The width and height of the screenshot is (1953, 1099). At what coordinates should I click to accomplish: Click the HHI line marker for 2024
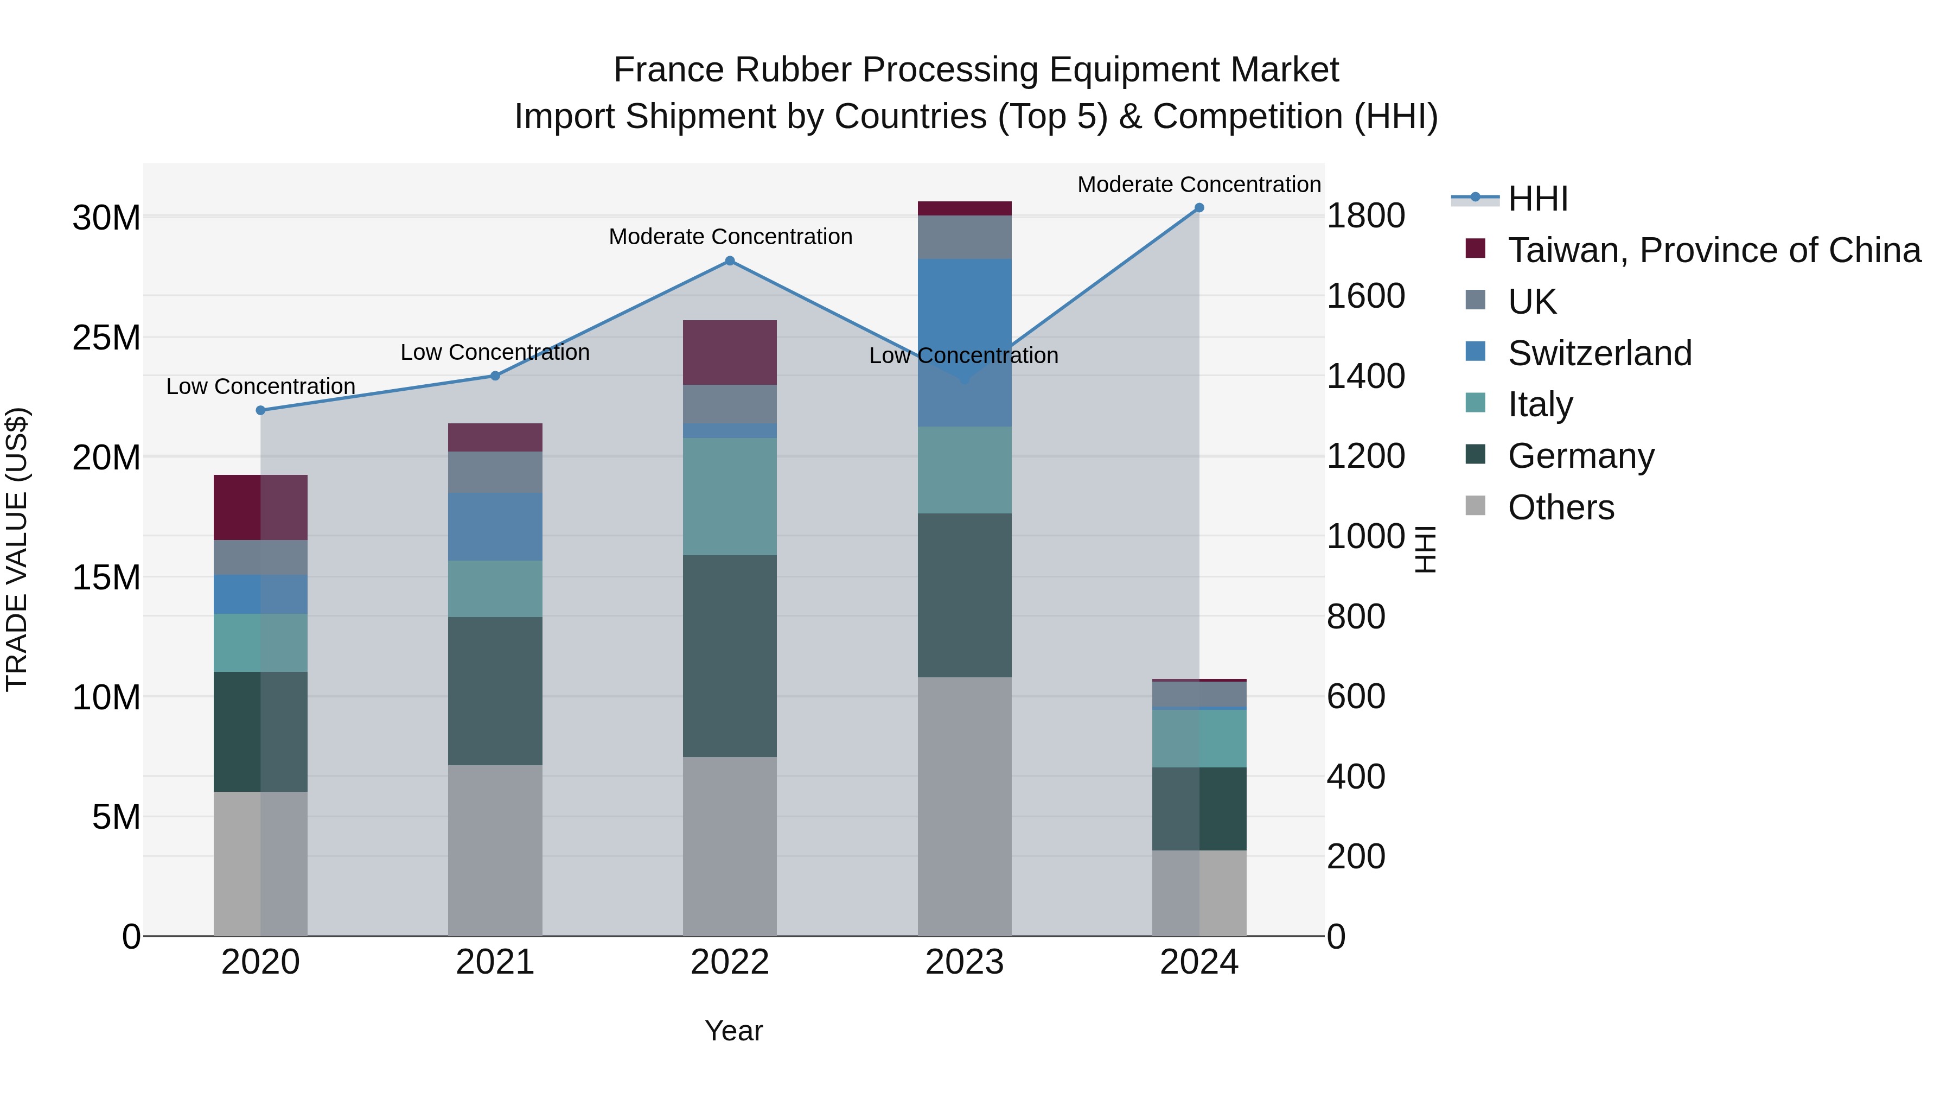coord(1198,208)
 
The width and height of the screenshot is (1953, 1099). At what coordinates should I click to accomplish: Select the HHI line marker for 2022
coord(729,261)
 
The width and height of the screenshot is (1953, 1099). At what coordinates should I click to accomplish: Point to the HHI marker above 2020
coord(261,410)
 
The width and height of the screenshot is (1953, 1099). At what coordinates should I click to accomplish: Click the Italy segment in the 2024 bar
coord(1198,738)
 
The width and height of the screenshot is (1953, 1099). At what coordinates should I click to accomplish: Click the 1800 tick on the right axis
coord(1365,216)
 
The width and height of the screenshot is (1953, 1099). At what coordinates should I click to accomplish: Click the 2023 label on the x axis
coord(965,962)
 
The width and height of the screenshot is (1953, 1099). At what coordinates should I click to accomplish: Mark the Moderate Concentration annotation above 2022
coord(730,237)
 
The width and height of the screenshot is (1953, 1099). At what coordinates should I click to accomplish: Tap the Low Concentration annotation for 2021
coord(495,353)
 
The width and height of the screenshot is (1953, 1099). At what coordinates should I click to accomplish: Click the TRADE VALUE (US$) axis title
coord(17,549)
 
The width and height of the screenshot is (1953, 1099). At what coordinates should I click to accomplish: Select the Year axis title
coord(733,1031)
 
